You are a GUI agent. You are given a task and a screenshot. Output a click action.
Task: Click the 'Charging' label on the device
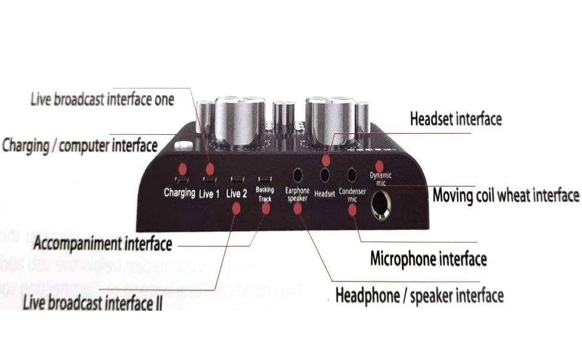point(180,193)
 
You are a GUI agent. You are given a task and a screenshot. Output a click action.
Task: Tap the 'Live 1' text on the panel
point(209,193)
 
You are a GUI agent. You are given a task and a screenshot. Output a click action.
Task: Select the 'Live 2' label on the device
point(237,193)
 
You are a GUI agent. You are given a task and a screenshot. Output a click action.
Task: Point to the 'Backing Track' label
point(265,193)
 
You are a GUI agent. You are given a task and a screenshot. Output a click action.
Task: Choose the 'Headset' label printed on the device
point(325,193)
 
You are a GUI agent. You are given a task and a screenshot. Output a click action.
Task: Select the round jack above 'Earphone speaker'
point(297,175)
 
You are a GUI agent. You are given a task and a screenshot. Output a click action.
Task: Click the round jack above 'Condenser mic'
point(352,175)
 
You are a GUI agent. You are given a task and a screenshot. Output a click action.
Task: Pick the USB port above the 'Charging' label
point(180,179)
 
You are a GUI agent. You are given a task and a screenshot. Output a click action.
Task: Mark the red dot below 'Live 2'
point(237,208)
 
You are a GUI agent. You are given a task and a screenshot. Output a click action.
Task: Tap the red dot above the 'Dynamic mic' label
point(379,165)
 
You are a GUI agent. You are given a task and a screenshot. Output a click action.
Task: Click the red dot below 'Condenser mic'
point(352,209)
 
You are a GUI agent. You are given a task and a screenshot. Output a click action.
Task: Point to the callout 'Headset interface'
point(456,119)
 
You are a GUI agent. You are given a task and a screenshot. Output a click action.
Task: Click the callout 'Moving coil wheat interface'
point(506,195)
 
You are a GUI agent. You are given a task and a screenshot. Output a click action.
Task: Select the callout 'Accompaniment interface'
point(103,244)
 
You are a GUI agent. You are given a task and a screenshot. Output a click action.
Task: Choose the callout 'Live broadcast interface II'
point(92,303)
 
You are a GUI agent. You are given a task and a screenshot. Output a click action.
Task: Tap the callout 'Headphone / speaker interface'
point(419,295)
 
